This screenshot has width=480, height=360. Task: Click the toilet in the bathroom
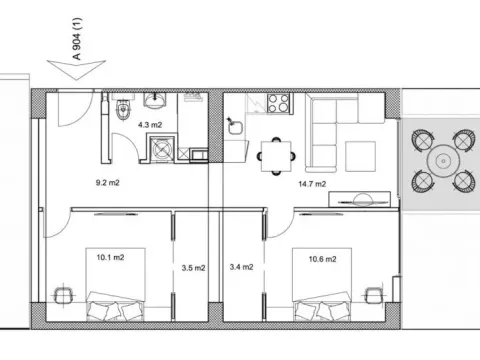[x=120, y=109]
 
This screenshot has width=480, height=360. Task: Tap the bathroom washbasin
[x=155, y=101]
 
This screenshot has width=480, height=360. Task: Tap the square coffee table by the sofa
[x=358, y=155]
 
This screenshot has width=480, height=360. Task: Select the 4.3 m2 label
[x=149, y=125]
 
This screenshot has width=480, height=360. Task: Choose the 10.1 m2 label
[x=110, y=257]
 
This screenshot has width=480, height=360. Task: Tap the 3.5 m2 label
[x=194, y=267]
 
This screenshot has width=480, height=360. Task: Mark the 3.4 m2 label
[x=241, y=267]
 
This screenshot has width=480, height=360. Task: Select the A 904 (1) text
[x=78, y=46]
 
